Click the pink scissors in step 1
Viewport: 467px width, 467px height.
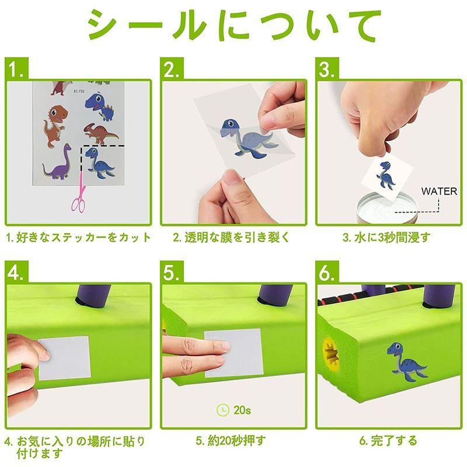tap(79, 194)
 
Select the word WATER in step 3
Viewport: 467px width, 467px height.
tap(439, 191)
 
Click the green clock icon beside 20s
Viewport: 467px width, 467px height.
tap(223, 410)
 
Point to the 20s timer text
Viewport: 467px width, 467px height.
tap(242, 410)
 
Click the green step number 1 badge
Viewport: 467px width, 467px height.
tap(17, 68)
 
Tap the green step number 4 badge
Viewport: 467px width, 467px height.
tap(17, 272)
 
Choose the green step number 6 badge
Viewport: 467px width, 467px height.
tap(327, 272)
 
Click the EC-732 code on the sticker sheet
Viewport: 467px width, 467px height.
tap(79, 91)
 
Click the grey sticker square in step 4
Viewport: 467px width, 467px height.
tap(64, 358)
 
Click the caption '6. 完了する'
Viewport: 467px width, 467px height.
tap(388, 441)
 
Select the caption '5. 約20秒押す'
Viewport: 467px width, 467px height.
tap(231, 441)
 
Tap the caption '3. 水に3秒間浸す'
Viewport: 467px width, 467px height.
tap(386, 238)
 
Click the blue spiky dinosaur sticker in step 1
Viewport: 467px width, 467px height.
tap(99, 106)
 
